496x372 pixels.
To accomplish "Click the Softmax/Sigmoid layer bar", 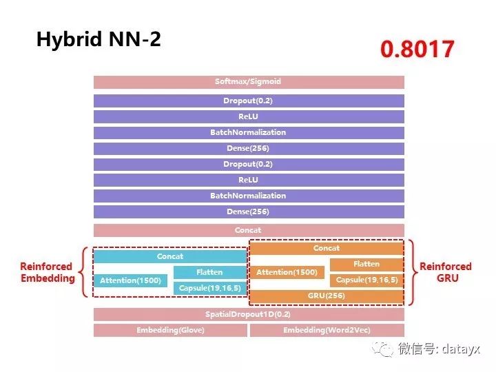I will pyautogui.click(x=248, y=82).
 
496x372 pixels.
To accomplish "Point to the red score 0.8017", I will pyautogui.click(x=417, y=50).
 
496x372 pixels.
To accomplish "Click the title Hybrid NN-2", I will pyautogui.click(x=99, y=39).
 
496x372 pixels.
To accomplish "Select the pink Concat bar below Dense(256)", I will pyautogui.click(x=248, y=230).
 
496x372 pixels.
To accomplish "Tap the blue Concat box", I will pyautogui.click(x=170, y=256).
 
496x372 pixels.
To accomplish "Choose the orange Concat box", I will pyautogui.click(x=327, y=248).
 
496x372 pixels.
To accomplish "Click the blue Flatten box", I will pyautogui.click(x=209, y=272).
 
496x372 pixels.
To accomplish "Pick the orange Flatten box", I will pyautogui.click(x=366, y=264).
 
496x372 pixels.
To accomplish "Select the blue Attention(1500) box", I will pyautogui.click(x=130, y=280).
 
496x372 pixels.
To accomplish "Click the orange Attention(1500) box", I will pyautogui.click(x=287, y=273).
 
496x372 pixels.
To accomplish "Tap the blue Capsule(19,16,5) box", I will pyautogui.click(x=209, y=288).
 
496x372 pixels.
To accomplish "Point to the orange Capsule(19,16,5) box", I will pyautogui.click(x=366, y=280).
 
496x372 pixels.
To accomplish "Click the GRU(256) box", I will pyautogui.click(x=327, y=296).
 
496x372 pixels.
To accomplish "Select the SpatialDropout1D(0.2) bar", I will pyautogui.click(x=248, y=314).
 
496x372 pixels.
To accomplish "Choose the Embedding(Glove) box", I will pyautogui.click(x=170, y=330).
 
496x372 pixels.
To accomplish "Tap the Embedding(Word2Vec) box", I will pyautogui.click(x=327, y=330).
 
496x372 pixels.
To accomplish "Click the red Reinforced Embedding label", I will pyautogui.click(x=47, y=272).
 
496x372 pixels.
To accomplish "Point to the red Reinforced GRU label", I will pyautogui.click(x=446, y=272).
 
